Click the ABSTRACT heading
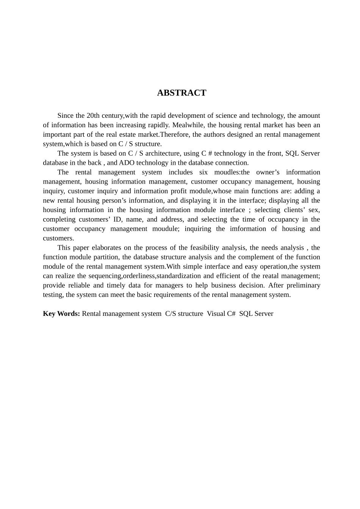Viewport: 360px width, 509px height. click(x=182, y=93)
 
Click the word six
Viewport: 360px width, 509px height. click(x=203, y=172)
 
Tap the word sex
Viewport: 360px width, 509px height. click(x=314, y=210)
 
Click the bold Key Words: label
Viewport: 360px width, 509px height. click(x=61, y=314)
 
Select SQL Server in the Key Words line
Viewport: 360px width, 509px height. click(x=256, y=314)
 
